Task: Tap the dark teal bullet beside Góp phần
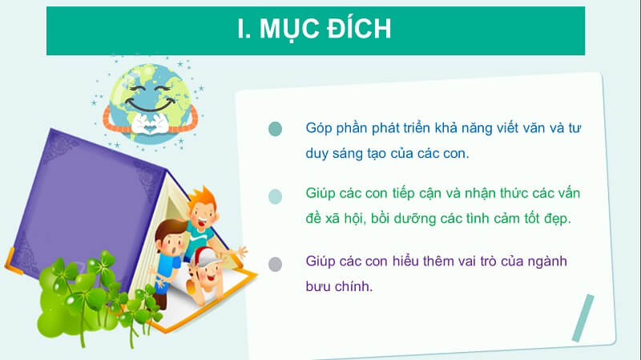click(x=276, y=129)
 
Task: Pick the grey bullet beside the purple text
click(x=276, y=264)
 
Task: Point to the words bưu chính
click(x=340, y=286)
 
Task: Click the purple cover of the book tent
click(x=80, y=200)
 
